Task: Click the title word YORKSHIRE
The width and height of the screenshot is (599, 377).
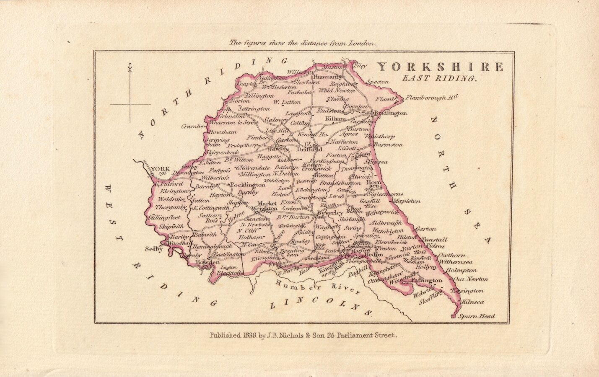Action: pos(440,67)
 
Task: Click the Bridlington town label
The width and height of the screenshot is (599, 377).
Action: pos(390,113)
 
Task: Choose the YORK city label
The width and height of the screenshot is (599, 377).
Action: pos(160,170)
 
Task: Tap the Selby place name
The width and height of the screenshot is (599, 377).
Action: pos(153,249)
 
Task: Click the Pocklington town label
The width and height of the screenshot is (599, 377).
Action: pos(249,185)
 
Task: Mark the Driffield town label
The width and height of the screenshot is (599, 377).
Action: pos(309,149)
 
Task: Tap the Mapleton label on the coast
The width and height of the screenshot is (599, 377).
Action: pos(406,201)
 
